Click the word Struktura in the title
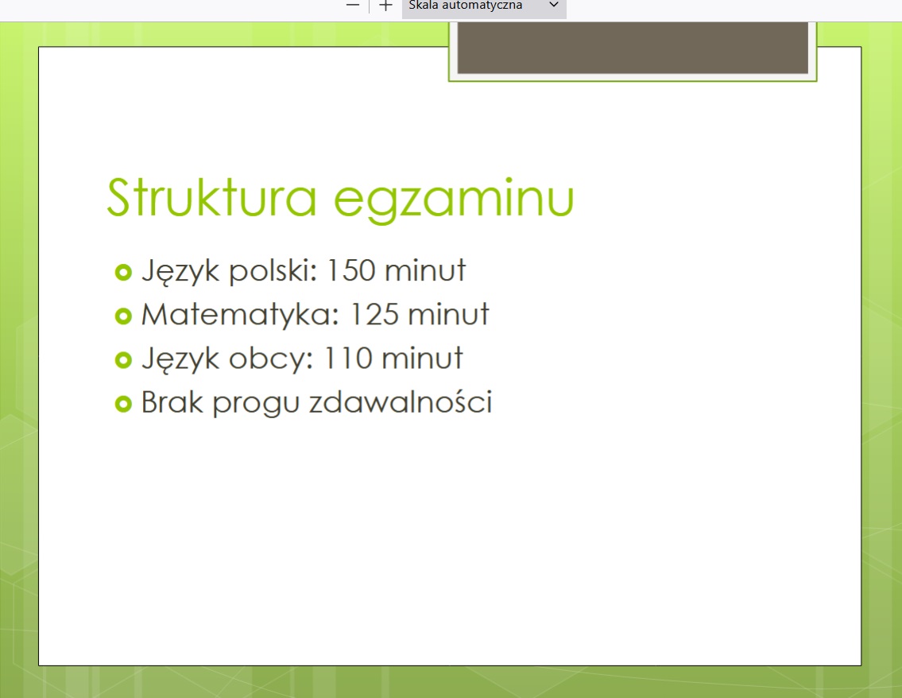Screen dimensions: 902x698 (211, 197)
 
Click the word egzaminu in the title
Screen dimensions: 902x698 (454, 201)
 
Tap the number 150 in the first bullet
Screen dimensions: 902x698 (351, 270)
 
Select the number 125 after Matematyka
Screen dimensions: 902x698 (374, 314)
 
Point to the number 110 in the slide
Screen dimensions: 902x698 (349, 358)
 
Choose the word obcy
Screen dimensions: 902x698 (271, 359)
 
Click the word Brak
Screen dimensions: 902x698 (172, 401)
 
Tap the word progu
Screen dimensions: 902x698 (256, 404)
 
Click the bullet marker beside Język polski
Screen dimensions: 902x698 (123, 272)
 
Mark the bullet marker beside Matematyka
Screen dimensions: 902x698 (123, 316)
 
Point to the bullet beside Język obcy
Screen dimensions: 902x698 (123, 360)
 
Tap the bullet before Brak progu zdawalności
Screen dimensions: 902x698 (123, 404)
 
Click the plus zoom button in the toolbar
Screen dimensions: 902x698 (385, 6)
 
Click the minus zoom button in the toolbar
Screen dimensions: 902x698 (353, 6)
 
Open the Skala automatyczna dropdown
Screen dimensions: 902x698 (484, 7)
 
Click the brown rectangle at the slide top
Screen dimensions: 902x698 (633, 48)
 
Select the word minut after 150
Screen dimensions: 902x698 (425, 270)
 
